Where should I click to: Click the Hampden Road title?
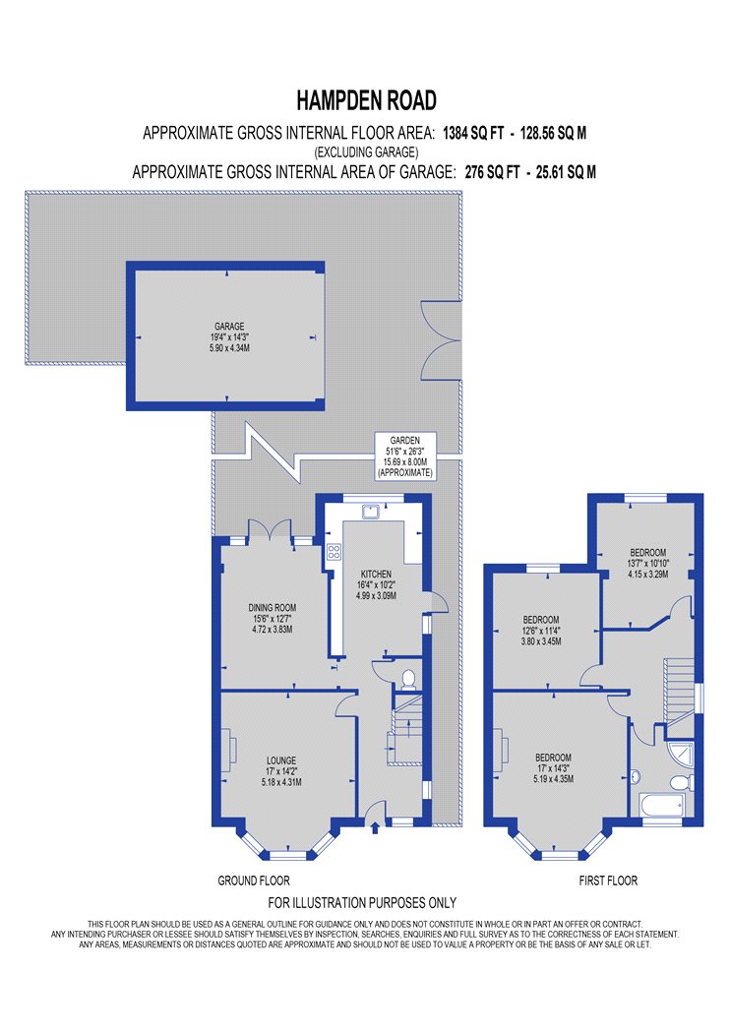click(366, 100)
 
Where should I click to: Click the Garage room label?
click(229, 336)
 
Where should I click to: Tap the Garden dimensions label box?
click(405, 456)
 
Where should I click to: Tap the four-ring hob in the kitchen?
click(334, 551)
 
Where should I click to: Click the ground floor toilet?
click(408, 679)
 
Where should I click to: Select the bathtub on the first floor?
click(661, 805)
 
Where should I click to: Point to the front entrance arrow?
click(376, 827)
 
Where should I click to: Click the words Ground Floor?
click(254, 881)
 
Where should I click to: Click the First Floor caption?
click(608, 881)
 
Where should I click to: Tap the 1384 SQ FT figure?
click(473, 134)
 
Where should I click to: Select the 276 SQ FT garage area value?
click(492, 172)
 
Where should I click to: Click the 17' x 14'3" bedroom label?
click(554, 768)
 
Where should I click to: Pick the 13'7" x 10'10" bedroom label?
click(647, 564)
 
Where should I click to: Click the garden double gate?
click(440, 340)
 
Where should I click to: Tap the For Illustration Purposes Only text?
click(362, 902)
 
